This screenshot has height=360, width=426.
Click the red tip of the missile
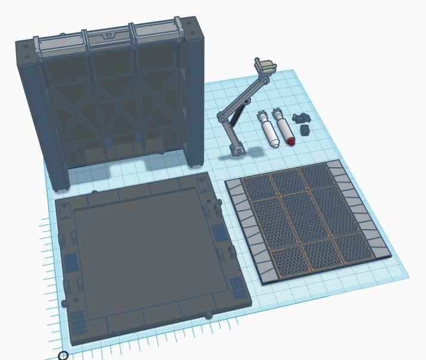(x=291, y=142)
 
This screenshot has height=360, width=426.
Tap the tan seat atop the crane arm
(x=265, y=65)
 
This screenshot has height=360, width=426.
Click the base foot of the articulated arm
(x=237, y=149)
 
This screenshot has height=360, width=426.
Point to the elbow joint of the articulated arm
(x=222, y=115)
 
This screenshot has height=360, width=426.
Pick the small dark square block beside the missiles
(x=305, y=130)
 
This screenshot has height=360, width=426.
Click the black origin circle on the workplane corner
(x=63, y=355)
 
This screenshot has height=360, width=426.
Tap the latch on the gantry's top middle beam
(x=108, y=36)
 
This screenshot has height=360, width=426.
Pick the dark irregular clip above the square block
(x=303, y=118)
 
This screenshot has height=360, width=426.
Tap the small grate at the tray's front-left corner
(x=78, y=321)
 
